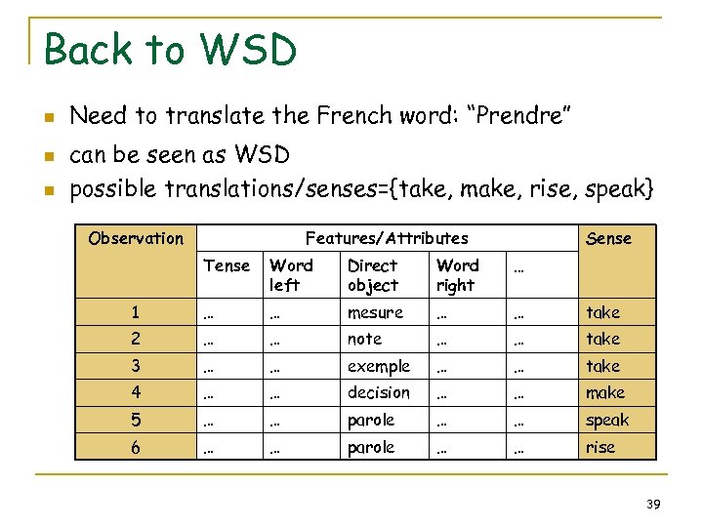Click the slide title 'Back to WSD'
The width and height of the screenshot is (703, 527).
pos(170,49)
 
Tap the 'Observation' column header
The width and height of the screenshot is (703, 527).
pos(136,238)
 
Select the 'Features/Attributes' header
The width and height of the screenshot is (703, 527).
pos(387,238)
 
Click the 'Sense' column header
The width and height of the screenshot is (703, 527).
pos(608,238)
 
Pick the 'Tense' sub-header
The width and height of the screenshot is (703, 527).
pos(227,265)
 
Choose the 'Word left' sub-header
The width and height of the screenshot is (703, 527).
pos(291,275)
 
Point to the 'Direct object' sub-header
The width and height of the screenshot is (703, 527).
pos(373,275)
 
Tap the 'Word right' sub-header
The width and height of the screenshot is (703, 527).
pos(457,275)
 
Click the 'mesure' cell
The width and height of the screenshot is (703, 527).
pos(375,312)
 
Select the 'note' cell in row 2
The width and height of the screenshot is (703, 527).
pos(365,339)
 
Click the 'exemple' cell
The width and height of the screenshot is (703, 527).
pos(379,366)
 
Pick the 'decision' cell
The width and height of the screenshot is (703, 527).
pos(379,392)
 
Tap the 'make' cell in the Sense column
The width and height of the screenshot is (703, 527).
pos(605,392)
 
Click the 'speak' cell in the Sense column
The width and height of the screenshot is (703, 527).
pos(607,421)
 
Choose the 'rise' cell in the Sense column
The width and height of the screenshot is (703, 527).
pos(600,447)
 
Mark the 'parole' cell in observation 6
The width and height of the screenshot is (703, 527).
pos(371,447)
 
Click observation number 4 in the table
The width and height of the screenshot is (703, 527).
pos(137,392)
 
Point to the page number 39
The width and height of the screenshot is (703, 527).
pos(654,504)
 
